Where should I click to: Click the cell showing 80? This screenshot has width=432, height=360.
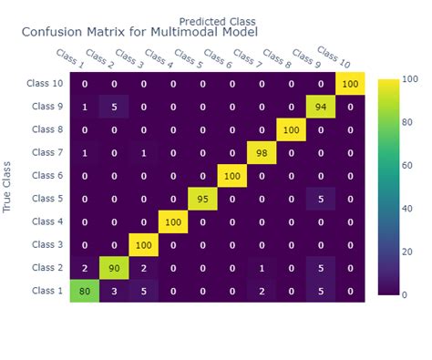[85, 291]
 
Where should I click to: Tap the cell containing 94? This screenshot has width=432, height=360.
[321, 108]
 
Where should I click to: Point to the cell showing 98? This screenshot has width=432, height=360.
[262, 153]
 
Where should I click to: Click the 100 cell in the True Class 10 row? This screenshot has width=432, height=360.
[350, 85]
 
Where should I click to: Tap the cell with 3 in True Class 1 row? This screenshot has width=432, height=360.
[114, 291]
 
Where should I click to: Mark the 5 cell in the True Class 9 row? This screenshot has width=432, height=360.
[114, 108]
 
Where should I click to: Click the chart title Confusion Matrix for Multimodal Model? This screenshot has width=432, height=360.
[139, 32]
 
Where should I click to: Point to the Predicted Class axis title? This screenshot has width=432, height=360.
[217, 20]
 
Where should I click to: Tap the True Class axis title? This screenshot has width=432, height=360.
[8, 187]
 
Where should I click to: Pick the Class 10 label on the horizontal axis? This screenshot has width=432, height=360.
[334, 57]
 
